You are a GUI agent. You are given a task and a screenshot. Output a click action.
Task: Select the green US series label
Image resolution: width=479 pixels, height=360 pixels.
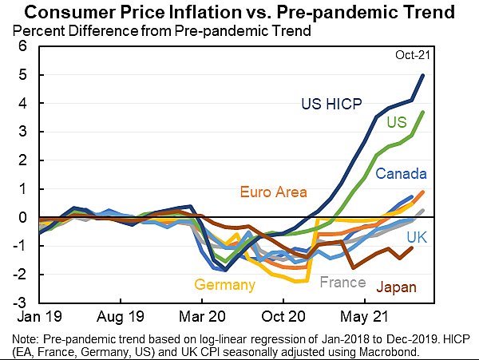397,122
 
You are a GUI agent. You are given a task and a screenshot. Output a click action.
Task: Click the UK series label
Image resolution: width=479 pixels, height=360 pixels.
416,237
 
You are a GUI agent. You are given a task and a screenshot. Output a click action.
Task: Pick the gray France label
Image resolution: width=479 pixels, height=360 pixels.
342,282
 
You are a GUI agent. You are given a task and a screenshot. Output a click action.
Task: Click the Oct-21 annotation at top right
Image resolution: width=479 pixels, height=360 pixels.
412,54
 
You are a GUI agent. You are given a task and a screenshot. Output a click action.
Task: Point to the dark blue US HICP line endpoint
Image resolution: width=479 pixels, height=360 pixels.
423,75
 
